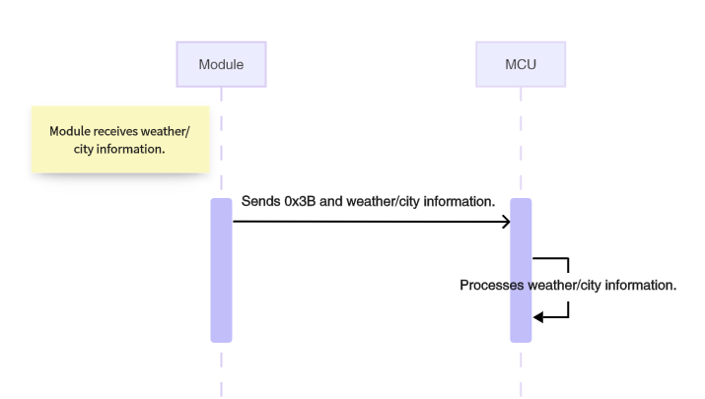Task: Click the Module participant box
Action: [x=221, y=64]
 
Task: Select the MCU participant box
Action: [x=521, y=64]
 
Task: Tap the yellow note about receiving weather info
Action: [x=120, y=140]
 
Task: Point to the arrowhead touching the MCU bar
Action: [x=505, y=222]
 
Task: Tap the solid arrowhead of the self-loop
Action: [x=538, y=316]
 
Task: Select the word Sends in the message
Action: [x=260, y=202]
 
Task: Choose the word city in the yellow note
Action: [x=86, y=150]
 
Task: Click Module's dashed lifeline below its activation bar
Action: [x=221, y=369]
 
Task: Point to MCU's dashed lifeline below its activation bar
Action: [x=521, y=369]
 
